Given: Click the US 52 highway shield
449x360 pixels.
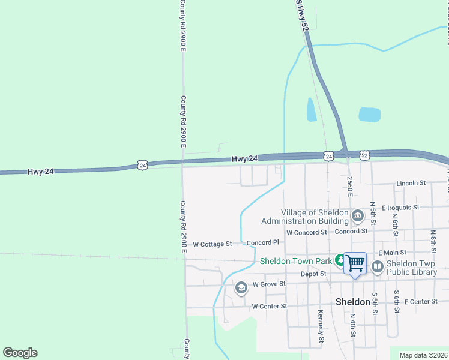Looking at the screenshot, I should coord(365,155).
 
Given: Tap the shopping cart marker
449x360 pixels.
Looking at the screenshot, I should coord(355,263).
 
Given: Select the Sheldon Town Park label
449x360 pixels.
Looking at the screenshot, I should coord(295,261).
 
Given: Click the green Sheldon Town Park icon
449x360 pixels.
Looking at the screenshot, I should coord(340,261).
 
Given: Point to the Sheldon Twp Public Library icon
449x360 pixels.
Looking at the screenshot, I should coord(378,267).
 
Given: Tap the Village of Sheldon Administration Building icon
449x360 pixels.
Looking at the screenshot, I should coord(358,215).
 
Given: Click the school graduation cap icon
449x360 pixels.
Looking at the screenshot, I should coord(241,288).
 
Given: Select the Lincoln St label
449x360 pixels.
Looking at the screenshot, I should coord(411,183).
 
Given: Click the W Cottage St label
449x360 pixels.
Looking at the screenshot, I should coord(212,244).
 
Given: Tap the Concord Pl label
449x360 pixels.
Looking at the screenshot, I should coord(263,243).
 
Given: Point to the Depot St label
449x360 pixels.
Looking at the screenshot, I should coord(314,274).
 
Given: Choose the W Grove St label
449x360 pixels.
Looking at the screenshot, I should coord(268,284).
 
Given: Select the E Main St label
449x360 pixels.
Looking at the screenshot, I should coord(392,253).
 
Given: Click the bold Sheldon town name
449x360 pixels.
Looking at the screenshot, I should coord(352,302).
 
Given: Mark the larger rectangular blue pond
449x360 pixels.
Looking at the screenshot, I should coord(369,115).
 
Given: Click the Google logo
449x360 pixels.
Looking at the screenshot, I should coord(20,353).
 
